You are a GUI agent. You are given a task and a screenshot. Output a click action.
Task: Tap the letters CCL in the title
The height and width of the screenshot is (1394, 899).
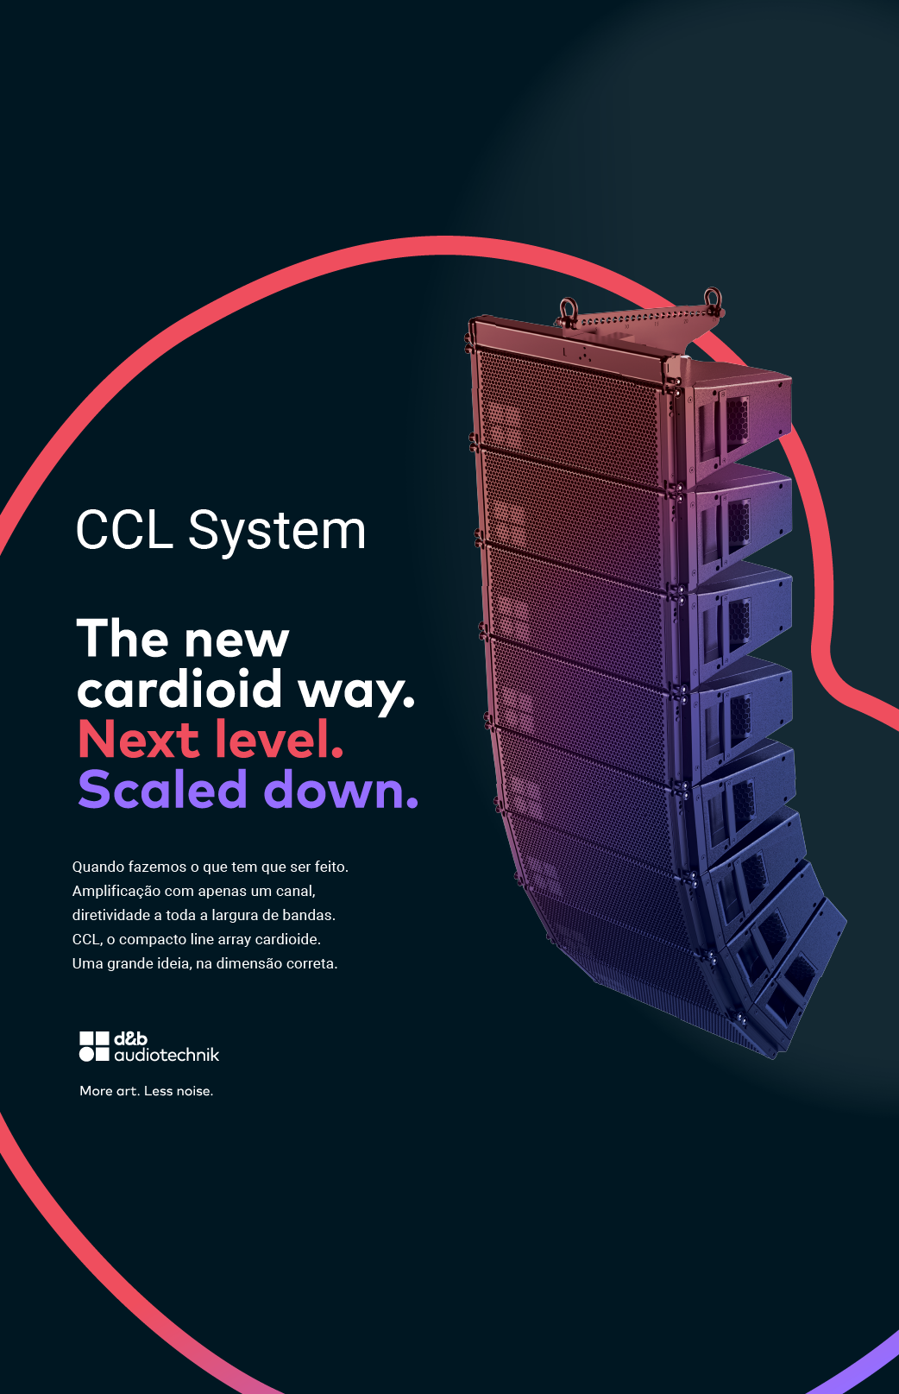[124, 530]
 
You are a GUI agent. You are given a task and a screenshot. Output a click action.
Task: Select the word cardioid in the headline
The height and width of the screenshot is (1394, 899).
[179, 689]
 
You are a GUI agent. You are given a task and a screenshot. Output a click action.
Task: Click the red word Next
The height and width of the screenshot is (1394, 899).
[137, 740]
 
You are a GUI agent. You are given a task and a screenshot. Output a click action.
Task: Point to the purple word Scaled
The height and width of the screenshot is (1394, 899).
[162, 788]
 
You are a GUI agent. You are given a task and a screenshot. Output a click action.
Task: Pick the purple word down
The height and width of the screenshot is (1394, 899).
[341, 788]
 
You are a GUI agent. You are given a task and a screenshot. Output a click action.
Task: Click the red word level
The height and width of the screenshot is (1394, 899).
[279, 739]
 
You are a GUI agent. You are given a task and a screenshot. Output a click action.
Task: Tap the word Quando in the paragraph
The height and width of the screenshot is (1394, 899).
[98, 867]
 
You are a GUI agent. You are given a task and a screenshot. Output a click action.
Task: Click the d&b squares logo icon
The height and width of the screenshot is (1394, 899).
[94, 1046]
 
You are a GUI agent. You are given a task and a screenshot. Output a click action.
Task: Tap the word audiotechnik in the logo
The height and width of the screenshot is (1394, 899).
[167, 1054]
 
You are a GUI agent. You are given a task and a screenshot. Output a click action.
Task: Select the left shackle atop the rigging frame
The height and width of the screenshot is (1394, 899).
[568, 311]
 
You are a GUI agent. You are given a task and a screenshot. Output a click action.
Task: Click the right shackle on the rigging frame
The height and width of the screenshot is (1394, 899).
[713, 300]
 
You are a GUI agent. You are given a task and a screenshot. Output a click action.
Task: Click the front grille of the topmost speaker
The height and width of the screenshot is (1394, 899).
[568, 415]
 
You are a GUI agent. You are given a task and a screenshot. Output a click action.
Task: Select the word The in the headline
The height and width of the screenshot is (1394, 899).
[123, 638]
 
